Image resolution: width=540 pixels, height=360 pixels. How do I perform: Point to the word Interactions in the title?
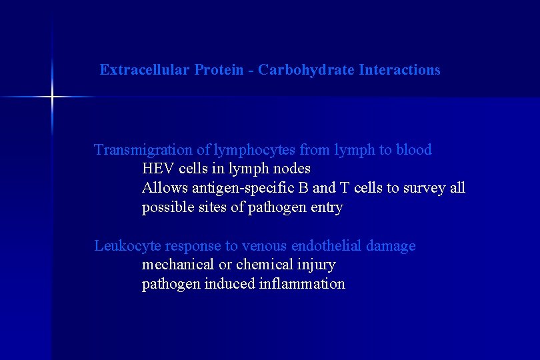399,70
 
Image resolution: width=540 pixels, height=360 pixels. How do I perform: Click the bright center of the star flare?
52,97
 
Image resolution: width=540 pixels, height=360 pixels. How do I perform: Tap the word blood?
414,150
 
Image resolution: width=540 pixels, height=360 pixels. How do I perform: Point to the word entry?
327,207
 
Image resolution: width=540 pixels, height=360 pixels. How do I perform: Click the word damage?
391,246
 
